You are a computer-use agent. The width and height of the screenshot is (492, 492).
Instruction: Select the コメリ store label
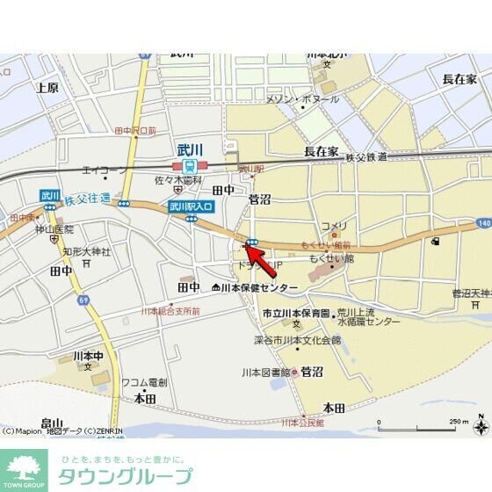(x=334, y=226)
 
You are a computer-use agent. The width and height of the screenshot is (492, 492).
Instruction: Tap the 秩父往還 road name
(x=87, y=199)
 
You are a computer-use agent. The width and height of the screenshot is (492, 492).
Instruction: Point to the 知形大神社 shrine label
(x=86, y=252)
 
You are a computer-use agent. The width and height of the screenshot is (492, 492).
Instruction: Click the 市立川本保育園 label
(x=295, y=313)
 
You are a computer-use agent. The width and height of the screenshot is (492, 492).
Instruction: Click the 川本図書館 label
(x=265, y=372)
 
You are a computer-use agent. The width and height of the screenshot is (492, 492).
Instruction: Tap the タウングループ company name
(x=126, y=476)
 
